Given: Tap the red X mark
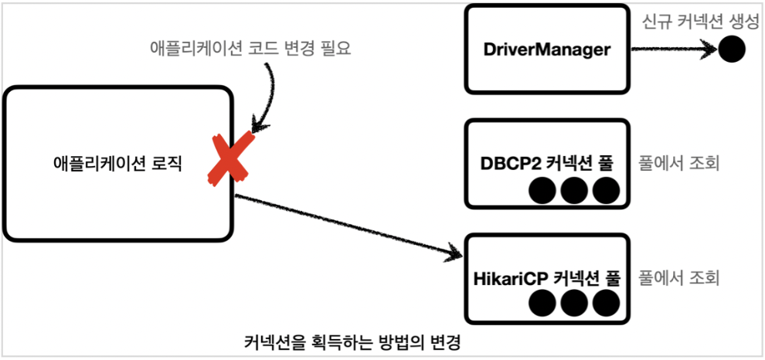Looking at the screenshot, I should pos(232,158).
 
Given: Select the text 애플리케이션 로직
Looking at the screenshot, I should pos(117,163).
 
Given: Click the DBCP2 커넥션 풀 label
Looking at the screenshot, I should pos(546,163).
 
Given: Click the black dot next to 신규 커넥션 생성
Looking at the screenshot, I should pos(731,51).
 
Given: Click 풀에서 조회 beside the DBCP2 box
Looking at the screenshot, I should pos(680,163).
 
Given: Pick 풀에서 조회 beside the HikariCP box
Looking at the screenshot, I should pos(680,276).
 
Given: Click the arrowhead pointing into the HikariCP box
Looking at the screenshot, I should pos(454,254).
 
